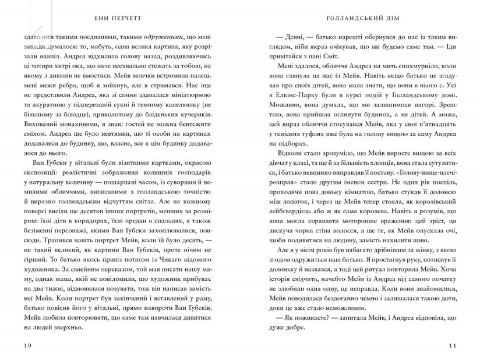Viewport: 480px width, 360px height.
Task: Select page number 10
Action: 27,345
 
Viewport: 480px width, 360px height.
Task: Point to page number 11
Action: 454,345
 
